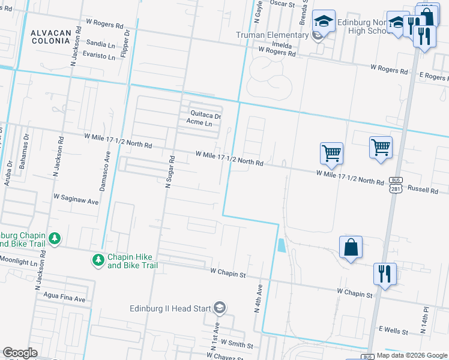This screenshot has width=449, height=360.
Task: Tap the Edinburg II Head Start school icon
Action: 220,308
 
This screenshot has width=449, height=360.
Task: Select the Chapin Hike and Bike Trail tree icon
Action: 97,260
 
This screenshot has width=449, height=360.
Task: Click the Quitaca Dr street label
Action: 206,114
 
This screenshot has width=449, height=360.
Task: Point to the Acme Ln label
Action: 199,123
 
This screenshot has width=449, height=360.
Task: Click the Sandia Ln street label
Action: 100,44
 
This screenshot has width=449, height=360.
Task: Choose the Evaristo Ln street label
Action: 99,57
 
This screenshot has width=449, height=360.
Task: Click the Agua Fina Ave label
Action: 64,297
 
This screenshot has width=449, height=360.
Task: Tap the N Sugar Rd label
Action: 170,172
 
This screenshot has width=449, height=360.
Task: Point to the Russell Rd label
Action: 423,189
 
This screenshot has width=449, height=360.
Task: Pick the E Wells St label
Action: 393,331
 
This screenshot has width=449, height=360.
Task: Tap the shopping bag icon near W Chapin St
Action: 351,248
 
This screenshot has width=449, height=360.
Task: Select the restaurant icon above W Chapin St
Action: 384,274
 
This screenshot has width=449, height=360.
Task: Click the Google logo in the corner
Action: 20,353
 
